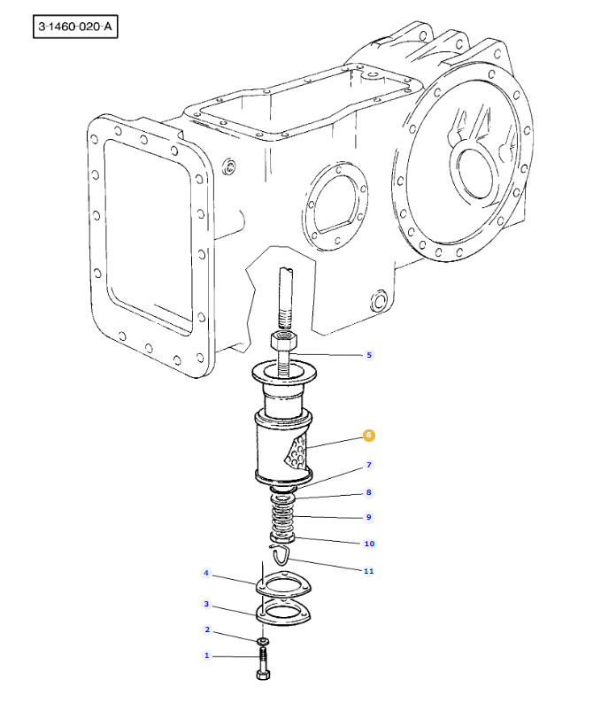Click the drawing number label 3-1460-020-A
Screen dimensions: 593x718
(75, 27)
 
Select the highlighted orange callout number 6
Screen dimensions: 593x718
(368, 435)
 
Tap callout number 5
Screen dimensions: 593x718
(369, 355)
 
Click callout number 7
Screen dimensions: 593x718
(369, 465)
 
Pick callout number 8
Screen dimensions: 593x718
(369, 492)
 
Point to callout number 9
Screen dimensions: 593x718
(369, 517)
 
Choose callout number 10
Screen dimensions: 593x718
(369, 544)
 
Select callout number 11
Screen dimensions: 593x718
(368, 571)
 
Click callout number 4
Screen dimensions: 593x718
(206, 573)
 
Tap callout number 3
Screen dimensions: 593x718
(206, 604)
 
